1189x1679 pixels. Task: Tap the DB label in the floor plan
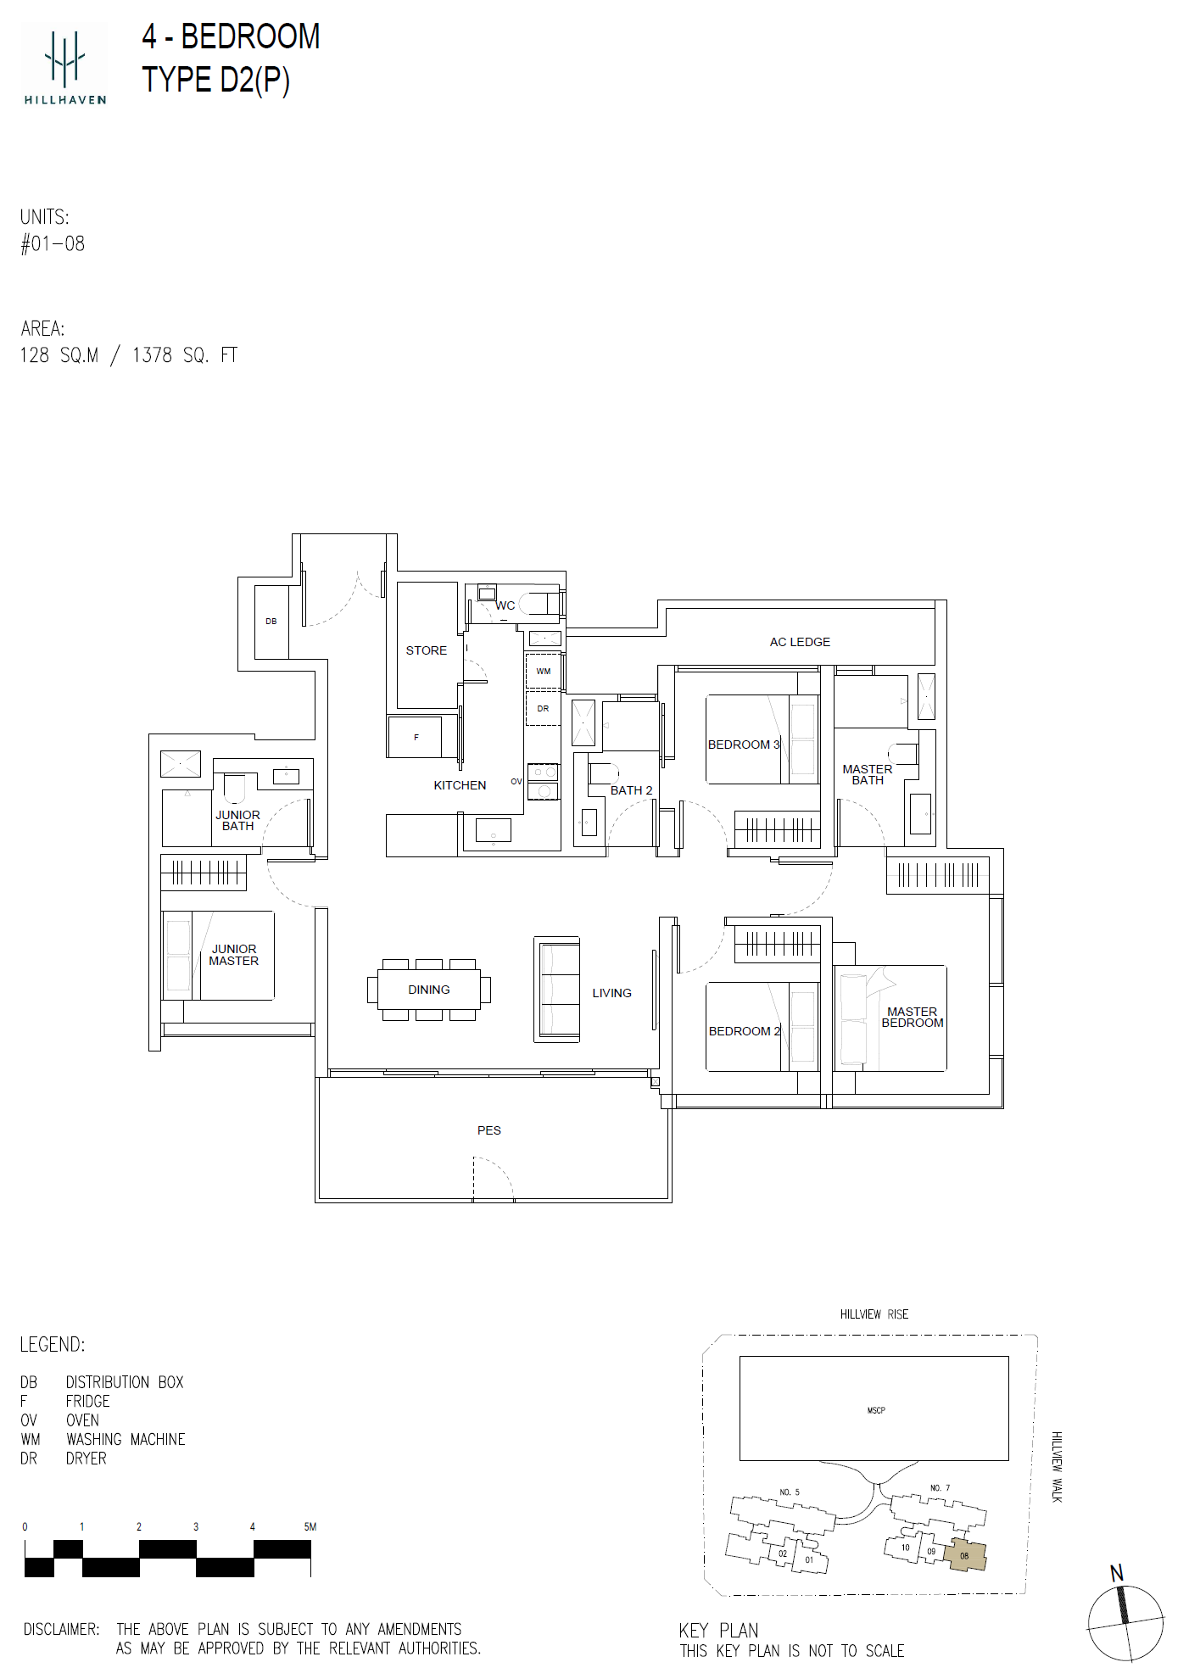[x=271, y=622]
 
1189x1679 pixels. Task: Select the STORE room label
[x=426, y=650]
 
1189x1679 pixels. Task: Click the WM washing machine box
[x=544, y=671]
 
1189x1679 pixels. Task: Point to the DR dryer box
[x=544, y=708]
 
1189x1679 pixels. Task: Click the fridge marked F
[x=415, y=737]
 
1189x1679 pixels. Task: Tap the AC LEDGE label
[x=800, y=642]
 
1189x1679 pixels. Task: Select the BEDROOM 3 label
[x=744, y=745]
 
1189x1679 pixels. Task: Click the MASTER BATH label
[x=868, y=775]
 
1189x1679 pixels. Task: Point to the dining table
[x=429, y=990]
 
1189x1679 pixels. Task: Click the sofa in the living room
[x=557, y=989]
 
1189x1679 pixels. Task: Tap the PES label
[x=489, y=1130]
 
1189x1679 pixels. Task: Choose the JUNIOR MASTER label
[x=234, y=955]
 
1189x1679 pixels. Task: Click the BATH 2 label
[x=632, y=790]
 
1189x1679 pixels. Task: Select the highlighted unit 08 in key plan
[x=967, y=1555]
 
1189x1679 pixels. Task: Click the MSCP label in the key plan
[x=876, y=1410]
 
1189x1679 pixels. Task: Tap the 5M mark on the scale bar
[x=310, y=1526]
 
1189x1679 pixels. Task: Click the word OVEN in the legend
[x=82, y=1420]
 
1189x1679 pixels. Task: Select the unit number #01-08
[x=53, y=244]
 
